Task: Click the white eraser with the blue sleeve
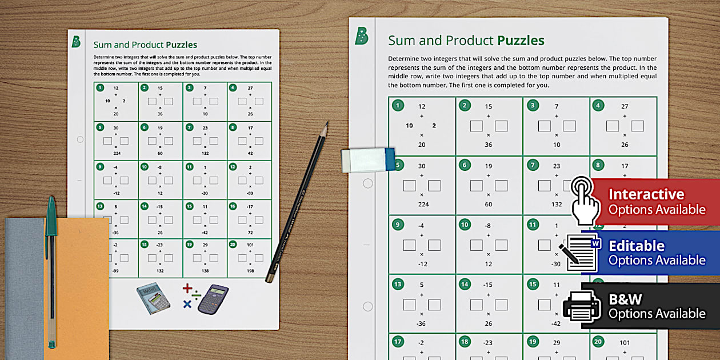(368, 159)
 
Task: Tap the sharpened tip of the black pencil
(326, 123)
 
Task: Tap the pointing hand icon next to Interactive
(585, 200)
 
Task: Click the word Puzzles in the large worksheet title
(521, 41)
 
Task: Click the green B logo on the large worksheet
(361, 37)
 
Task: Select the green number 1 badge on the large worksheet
(398, 105)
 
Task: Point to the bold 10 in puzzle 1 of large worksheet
(409, 126)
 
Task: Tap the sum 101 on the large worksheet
(624, 343)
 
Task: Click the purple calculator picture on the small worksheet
(213, 299)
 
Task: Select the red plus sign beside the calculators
(187, 289)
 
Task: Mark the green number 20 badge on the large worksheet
(598, 342)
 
